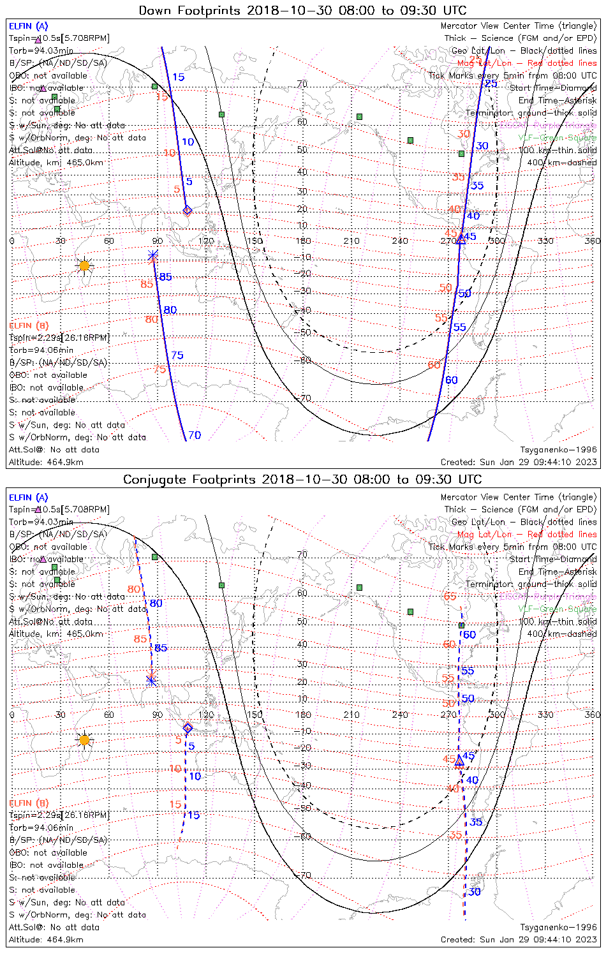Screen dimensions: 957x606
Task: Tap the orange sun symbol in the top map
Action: [x=84, y=265]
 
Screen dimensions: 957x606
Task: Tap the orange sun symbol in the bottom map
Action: [x=84, y=740]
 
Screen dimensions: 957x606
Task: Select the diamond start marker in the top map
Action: [x=187, y=210]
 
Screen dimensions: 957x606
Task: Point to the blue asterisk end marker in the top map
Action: [x=152, y=256]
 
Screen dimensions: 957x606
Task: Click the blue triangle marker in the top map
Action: [x=461, y=239]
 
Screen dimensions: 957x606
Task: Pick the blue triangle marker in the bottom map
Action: [x=459, y=759]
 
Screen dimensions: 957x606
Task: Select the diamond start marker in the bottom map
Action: [x=188, y=728]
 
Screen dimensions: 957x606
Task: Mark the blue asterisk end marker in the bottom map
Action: [x=151, y=680]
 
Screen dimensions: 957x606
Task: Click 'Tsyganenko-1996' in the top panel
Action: [x=558, y=450]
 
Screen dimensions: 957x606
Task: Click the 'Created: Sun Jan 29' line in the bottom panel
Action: [x=519, y=939]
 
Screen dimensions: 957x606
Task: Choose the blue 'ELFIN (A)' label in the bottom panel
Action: [x=29, y=497]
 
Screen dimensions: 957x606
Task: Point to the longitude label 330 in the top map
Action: [x=545, y=241]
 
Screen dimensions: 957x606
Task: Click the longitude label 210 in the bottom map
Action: [x=351, y=715]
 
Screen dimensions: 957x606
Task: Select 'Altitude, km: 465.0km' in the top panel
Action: [x=56, y=163]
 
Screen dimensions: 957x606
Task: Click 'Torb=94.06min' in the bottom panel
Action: [x=41, y=827]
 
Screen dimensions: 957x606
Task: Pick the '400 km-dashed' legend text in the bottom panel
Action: [x=562, y=634]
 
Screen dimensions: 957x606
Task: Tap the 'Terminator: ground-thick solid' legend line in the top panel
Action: [x=531, y=113]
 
